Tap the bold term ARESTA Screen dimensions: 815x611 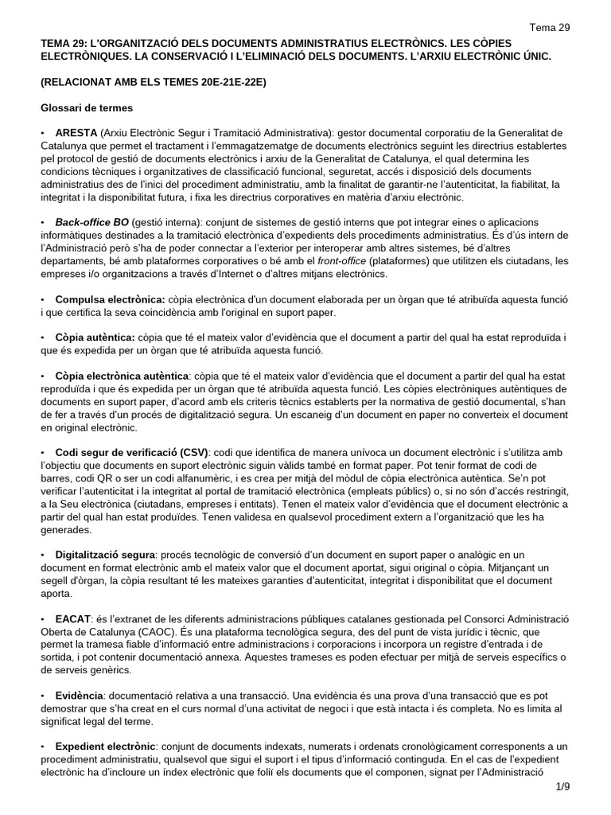76,131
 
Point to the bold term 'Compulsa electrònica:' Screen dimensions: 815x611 110,298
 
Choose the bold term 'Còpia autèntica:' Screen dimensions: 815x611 95,337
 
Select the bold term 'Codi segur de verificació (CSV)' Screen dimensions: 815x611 130,453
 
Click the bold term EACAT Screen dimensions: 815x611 72,618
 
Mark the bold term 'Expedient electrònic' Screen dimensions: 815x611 105,747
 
